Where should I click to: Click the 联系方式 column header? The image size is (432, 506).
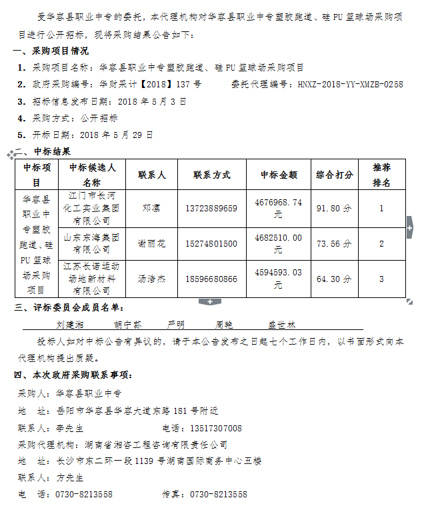pos(212,175)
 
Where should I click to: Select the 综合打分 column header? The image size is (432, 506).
pos(334,175)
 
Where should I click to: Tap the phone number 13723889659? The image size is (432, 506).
pos(212,209)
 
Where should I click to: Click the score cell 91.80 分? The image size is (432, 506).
pos(334,209)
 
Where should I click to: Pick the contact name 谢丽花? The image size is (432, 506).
pos(152,243)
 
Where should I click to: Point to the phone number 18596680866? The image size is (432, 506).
pos(212,279)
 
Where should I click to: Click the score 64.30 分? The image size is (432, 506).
pos(334,279)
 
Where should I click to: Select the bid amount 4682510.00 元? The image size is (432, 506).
pos(279,243)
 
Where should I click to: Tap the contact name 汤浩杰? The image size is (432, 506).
pos(152,279)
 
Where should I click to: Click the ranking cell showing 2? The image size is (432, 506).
pos(381,243)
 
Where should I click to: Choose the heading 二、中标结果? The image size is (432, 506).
pos(43,151)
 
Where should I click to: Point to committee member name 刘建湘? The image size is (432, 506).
pos(69,324)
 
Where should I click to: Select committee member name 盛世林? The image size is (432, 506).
pos(281,324)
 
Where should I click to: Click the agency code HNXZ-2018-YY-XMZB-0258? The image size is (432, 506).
pos(350,85)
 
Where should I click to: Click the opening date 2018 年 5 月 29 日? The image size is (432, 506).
pos(116,135)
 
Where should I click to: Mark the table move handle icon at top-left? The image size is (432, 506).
pos(11,155)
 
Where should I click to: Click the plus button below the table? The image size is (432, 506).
pos(209,302)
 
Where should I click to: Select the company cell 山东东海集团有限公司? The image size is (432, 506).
pos(92,243)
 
